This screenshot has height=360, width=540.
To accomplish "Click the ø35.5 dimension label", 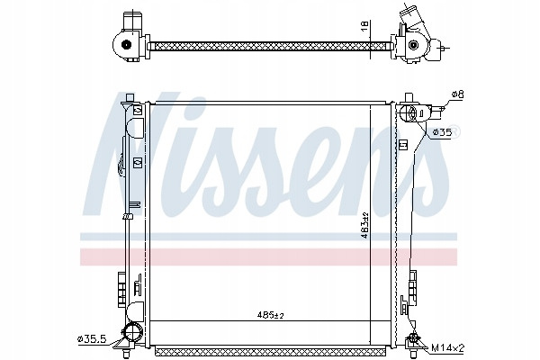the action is pos(93,339).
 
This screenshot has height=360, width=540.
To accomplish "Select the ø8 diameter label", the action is pos(457,94).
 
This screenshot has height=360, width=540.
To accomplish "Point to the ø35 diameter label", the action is pos(442,132).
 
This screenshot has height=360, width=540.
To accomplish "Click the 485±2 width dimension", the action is pos(271,314).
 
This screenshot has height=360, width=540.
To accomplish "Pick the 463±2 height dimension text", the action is pos(365,226).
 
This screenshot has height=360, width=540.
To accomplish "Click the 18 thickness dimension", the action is pos(364,25).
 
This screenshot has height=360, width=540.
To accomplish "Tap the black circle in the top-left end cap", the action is pos(127,44).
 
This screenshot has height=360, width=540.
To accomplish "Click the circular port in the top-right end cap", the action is pos(412,45).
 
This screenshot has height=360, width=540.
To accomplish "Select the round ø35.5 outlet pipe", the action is pos(132,333).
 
